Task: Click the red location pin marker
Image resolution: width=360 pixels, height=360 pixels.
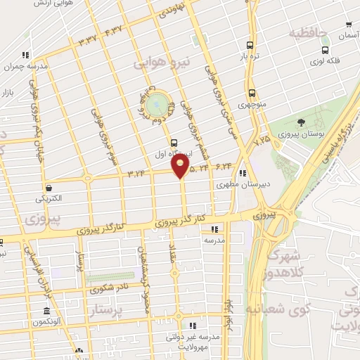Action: tap(181, 167)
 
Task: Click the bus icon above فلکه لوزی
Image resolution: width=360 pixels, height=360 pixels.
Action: tap(325, 50)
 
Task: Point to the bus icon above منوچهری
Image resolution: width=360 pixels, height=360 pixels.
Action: tap(252, 94)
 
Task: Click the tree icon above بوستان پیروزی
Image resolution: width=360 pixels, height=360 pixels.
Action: tap(301, 123)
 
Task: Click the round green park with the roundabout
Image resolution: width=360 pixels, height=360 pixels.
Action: tap(160, 105)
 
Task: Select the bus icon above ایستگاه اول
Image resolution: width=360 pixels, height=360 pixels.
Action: tap(175, 143)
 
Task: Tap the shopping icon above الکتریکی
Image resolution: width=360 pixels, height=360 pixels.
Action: tap(49, 188)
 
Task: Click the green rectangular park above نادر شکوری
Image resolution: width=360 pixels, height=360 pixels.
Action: tap(110, 277)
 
